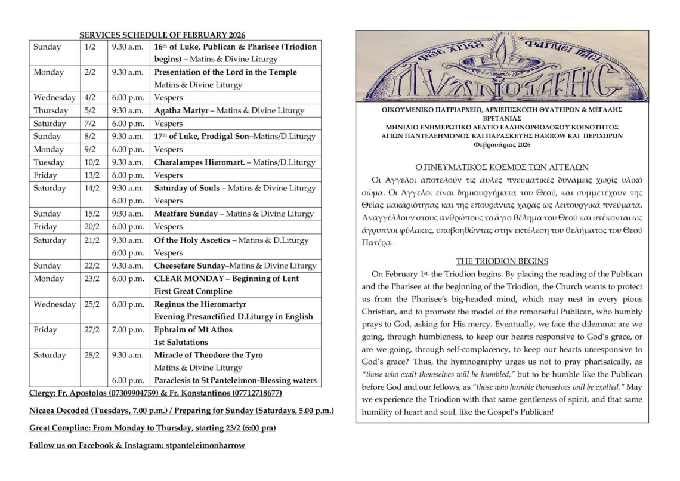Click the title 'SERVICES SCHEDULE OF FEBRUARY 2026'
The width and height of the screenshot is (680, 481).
coord(162,35)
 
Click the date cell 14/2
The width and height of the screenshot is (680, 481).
coord(92,188)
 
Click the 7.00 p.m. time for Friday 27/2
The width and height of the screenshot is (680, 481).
coord(128,329)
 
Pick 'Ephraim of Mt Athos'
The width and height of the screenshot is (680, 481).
coord(193,329)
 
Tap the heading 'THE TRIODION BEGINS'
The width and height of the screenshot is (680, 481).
coord(502,261)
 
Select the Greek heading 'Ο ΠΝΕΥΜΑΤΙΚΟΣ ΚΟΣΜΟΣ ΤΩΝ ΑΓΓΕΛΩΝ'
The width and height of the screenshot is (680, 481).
coord(502,167)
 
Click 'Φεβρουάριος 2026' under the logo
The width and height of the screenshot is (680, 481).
coord(502,145)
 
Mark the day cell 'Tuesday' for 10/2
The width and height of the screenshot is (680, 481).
coord(49,162)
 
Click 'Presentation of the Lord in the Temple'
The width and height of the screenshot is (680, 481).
coord(225,72)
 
